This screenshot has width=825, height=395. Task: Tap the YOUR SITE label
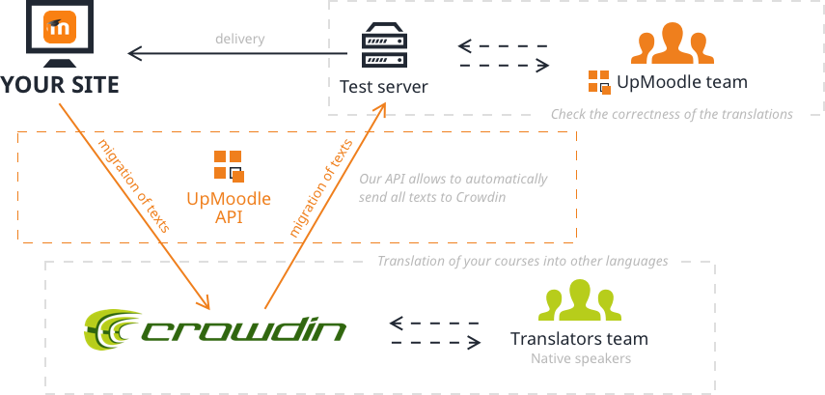coord(60,85)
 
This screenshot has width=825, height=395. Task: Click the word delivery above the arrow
coord(239,40)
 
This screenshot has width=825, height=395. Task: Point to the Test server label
coord(383,87)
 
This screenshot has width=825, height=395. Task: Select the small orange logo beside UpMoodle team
coord(599,82)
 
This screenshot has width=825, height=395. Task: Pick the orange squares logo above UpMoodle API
coord(230,164)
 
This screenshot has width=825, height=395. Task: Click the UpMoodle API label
coord(230,208)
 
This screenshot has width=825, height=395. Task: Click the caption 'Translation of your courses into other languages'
coord(522,262)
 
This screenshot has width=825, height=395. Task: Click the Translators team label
coord(578,339)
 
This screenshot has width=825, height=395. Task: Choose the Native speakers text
coord(578,359)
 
